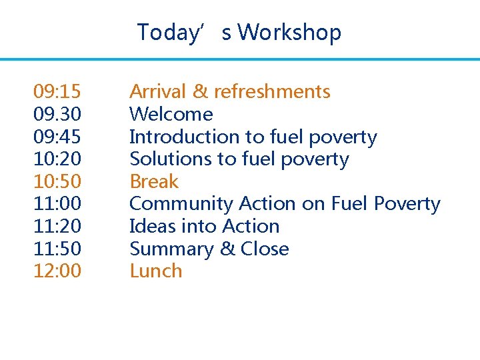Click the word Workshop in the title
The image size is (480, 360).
click(x=289, y=32)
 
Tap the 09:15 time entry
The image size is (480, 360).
click(x=57, y=91)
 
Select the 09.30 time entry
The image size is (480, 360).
click(x=57, y=114)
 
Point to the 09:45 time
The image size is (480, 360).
click(x=57, y=137)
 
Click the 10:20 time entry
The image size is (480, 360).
click(x=57, y=159)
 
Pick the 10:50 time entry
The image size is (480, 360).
click(x=57, y=181)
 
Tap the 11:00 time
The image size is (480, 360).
click(x=57, y=204)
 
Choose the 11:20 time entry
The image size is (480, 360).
click(x=57, y=227)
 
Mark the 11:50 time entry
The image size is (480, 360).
click(x=57, y=249)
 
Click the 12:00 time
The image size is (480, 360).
click(x=57, y=271)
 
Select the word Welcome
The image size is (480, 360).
click(x=171, y=114)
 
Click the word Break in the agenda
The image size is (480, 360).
click(x=154, y=181)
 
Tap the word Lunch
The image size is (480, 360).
click(x=155, y=271)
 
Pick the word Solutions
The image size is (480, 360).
click(x=167, y=159)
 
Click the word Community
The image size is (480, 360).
click(x=181, y=204)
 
